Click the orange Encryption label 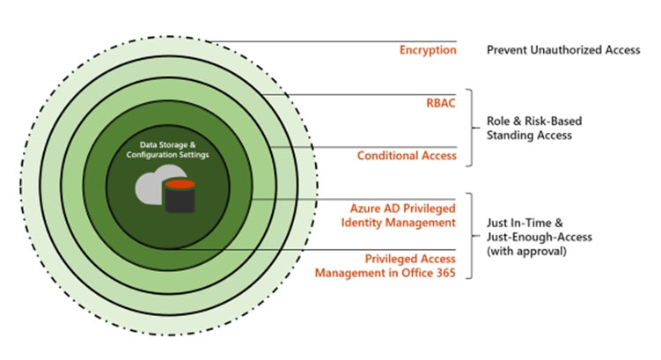tap(428, 50)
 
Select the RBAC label tap(441, 103)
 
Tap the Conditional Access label tap(407, 156)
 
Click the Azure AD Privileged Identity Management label tap(399, 216)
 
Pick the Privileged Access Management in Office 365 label tap(386, 266)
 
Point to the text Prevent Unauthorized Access tap(563, 50)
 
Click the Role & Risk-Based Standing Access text tap(534, 129)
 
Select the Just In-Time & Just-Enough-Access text tap(540, 230)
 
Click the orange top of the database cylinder tap(180, 184)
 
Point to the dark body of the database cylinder tap(180, 200)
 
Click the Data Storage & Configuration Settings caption tap(167, 150)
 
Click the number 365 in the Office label tap(446, 273)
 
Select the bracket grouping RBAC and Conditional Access tap(472, 128)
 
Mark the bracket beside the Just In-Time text tap(472, 236)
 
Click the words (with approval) tap(526, 251)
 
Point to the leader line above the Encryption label tap(334, 41)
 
